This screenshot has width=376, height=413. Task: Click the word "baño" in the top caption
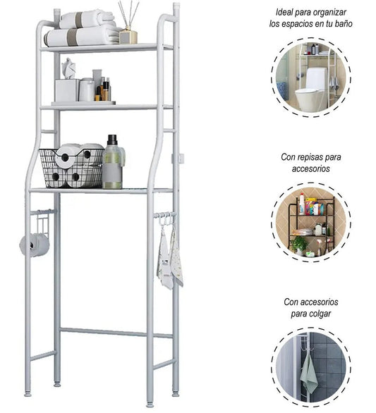click(344, 24)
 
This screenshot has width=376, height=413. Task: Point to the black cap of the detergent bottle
click(112, 140)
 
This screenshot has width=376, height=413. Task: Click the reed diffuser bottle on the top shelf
click(128, 37)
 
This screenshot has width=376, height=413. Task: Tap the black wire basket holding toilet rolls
click(72, 168)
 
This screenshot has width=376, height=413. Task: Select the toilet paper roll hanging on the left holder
click(35, 245)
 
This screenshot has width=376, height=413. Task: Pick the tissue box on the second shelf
click(67, 90)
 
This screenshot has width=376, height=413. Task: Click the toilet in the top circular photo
click(310, 90)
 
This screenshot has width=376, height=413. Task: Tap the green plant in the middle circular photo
click(299, 244)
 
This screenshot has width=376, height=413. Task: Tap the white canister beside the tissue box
click(87, 90)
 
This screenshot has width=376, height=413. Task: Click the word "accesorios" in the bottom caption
click(311, 302)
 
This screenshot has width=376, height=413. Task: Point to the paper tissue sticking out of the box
click(68, 68)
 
